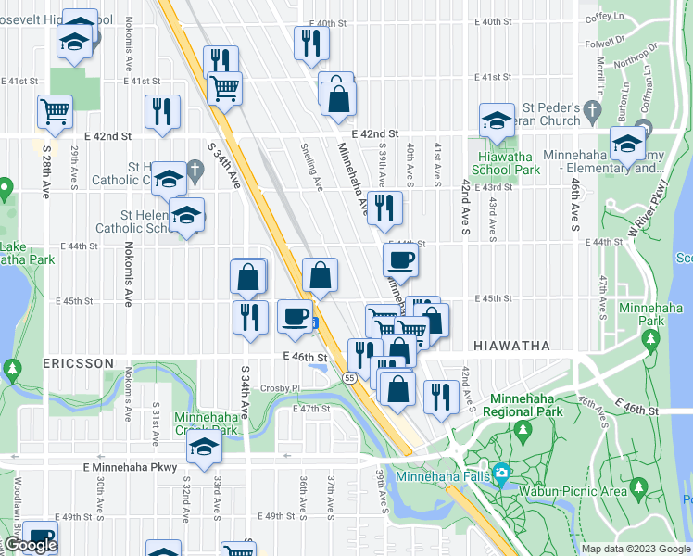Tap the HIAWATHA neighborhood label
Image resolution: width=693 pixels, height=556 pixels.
click(x=511, y=345)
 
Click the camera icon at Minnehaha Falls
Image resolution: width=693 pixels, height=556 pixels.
click(x=501, y=474)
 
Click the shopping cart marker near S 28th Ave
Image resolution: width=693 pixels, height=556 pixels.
click(x=55, y=110)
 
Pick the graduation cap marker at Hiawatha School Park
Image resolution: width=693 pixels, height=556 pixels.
click(x=497, y=120)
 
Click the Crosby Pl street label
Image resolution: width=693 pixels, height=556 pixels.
click(x=282, y=388)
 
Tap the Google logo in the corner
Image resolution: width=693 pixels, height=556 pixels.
click(x=31, y=545)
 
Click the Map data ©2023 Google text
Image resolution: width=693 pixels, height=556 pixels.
click(x=636, y=549)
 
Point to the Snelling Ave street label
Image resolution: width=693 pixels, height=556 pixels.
click(x=311, y=166)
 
